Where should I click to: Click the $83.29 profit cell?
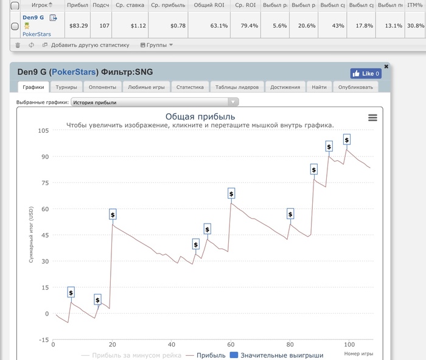[x=79, y=26]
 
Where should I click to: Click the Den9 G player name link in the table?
[x=33, y=18]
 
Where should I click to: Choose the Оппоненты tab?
[x=99, y=87]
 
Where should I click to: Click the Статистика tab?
[x=190, y=87]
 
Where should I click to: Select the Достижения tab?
[x=285, y=87]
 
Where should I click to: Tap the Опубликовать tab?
[x=355, y=87]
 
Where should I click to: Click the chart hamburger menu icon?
[x=372, y=118]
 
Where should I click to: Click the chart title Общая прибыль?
[x=200, y=116]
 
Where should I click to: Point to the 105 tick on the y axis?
[x=43, y=130]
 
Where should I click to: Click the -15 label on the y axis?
[x=43, y=340]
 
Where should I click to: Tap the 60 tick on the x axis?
[x=230, y=345]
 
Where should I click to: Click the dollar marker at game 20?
[x=113, y=214]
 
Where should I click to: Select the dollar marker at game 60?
[x=231, y=193]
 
